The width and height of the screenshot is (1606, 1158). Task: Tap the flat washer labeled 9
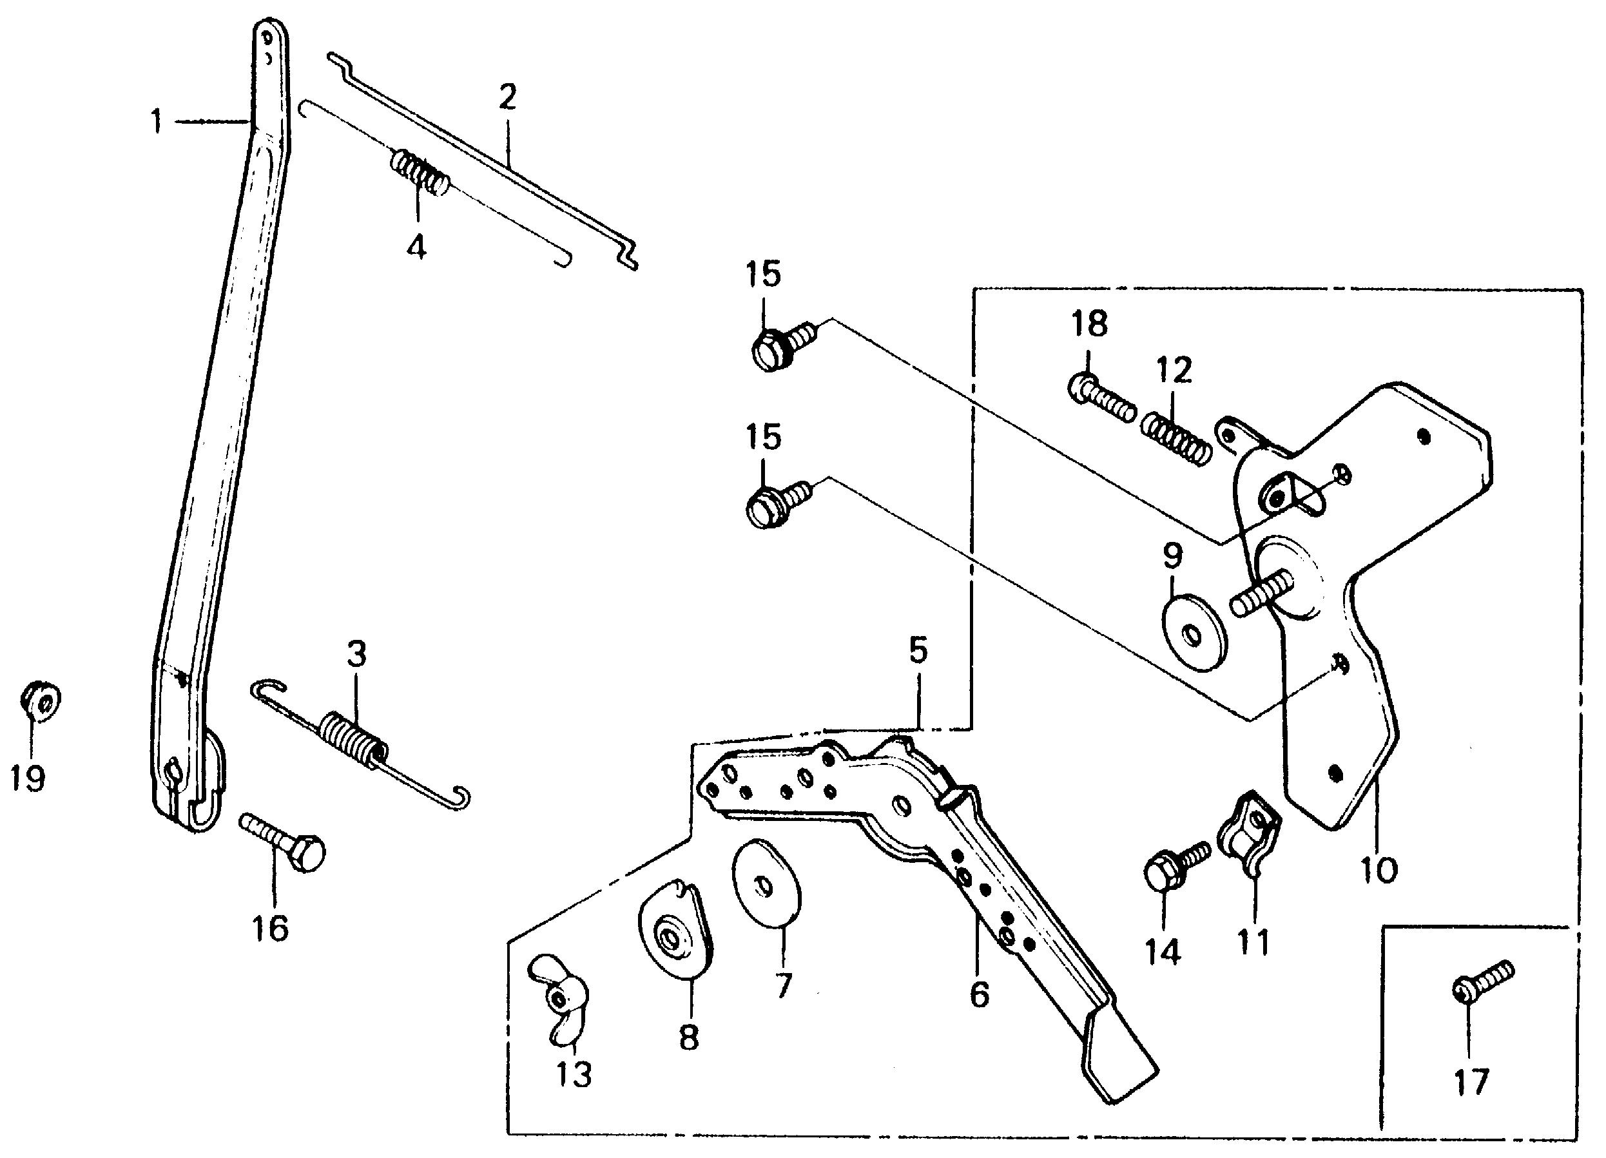click(x=1195, y=631)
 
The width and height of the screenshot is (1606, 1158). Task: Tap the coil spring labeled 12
click(x=1175, y=439)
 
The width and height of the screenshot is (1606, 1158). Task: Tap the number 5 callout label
click(x=918, y=650)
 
